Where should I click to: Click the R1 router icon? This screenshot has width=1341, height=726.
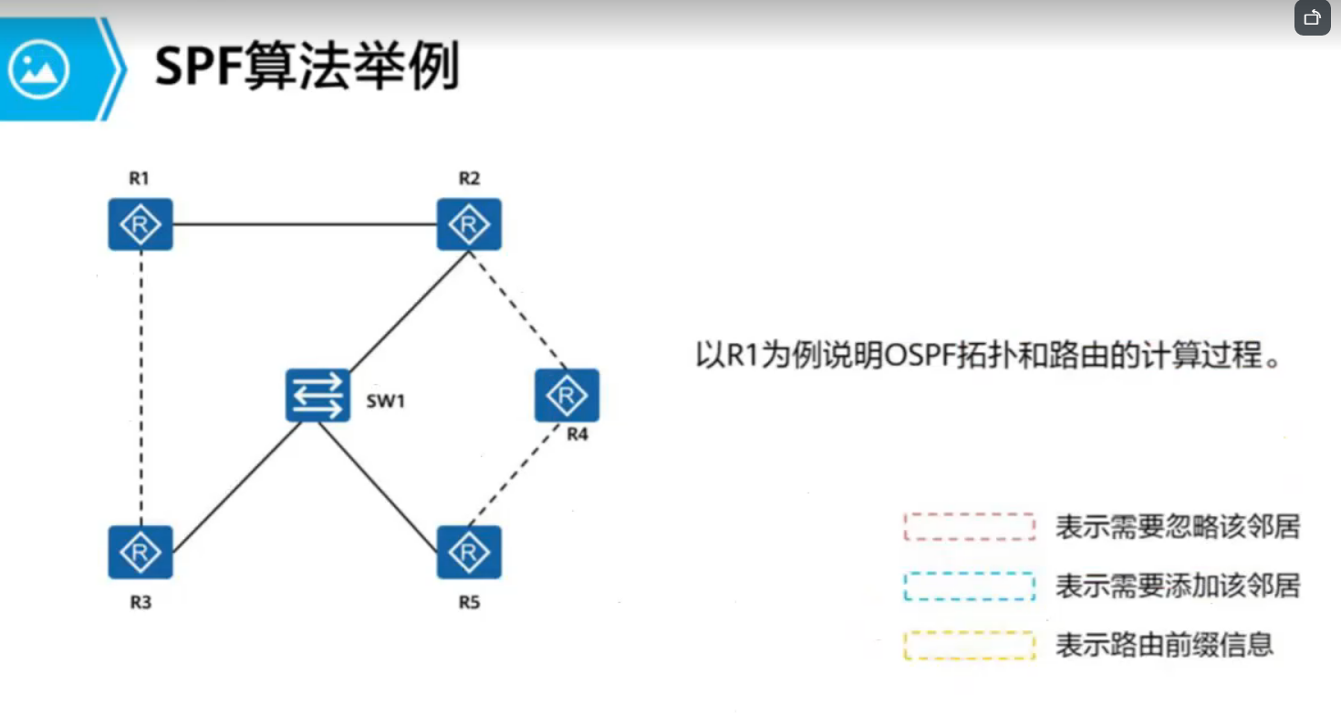(x=140, y=223)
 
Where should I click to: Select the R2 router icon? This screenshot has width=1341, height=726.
(x=469, y=223)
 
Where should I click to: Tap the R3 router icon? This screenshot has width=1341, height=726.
(x=140, y=552)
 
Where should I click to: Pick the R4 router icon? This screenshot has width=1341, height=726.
(x=567, y=395)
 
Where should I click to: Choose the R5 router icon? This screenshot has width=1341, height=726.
(x=469, y=552)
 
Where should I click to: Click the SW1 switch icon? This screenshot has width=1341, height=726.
(x=317, y=395)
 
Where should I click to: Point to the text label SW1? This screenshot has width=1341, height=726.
(x=385, y=400)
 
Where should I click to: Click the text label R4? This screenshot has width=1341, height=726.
(x=577, y=434)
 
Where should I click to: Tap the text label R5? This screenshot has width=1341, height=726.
(x=469, y=603)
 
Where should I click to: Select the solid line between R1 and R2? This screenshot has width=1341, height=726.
(x=305, y=223)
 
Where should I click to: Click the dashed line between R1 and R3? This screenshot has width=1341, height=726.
(x=141, y=388)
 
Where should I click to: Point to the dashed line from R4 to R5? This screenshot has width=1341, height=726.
(x=517, y=474)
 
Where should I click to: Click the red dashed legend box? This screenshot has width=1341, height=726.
(x=969, y=527)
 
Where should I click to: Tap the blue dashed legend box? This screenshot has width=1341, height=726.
(x=969, y=586)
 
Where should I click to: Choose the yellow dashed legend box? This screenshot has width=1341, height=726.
(x=969, y=646)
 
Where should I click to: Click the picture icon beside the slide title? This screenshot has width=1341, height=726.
(x=39, y=68)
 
